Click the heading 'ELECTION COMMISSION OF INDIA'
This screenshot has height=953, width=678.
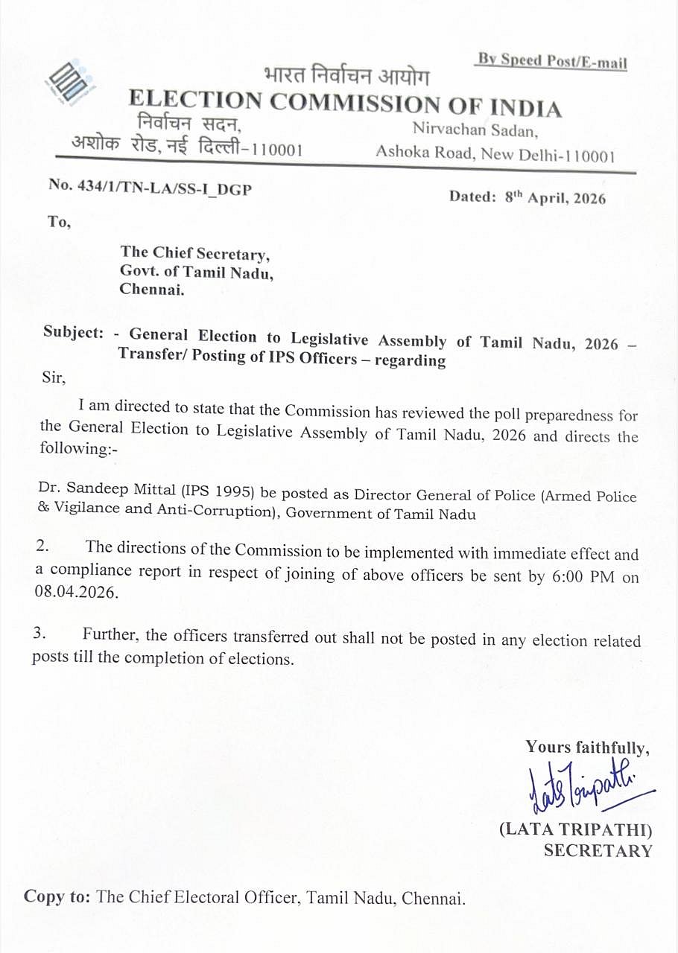pyautogui.click(x=345, y=103)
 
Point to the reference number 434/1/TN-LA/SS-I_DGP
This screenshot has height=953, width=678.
pyautogui.click(x=150, y=188)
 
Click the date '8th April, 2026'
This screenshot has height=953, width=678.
pyautogui.click(x=555, y=198)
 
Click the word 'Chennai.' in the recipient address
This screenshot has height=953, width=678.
pyautogui.click(x=152, y=290)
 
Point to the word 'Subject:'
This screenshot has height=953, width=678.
pyautogui.click(x=73, y=333)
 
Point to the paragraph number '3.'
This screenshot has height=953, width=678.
pyautogui.click(x=40, y=634)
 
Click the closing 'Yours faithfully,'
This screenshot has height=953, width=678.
pyautogui.click(x=588, y=748)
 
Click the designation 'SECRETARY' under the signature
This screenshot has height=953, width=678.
pyautogui.click(x=598, y=850)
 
